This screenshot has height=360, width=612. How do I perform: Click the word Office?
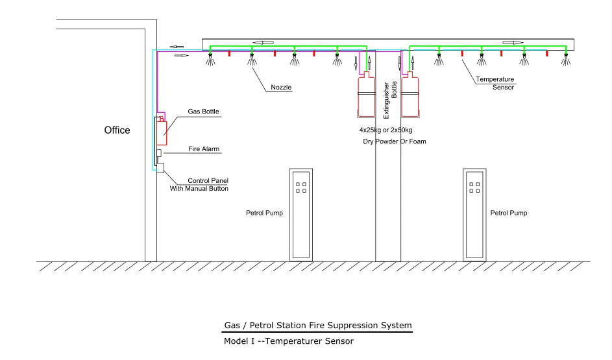(117, 130)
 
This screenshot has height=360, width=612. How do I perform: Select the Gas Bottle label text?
(203, 112)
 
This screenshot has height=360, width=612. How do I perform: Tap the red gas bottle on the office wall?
(162, 131)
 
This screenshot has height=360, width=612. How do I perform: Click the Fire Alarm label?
(204, 149)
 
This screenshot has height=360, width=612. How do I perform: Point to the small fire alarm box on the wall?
(159, 153)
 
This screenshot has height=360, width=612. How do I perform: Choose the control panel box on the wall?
(160, 168)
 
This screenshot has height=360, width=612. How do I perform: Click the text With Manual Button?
(199, 188)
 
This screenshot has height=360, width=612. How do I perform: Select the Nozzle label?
(281, 88)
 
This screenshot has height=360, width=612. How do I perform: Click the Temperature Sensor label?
(495, 83)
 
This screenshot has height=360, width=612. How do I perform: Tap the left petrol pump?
(301, 215)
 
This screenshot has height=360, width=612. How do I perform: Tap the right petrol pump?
(474, 215)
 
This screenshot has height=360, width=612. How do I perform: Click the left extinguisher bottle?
(367, 95)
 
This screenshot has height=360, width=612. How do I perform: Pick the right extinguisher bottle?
(410, 95)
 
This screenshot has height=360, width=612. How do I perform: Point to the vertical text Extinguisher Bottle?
(390, 100)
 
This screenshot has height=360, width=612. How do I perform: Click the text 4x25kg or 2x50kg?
(386, 130)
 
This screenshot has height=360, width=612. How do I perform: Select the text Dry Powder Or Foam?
(395, 141)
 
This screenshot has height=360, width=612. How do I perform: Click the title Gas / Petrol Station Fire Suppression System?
(318, 325)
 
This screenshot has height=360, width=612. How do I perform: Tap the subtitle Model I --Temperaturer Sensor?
(289, 341)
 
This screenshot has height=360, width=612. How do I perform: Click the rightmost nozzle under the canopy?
(566, 59)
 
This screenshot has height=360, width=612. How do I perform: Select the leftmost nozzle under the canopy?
(210, 59)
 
